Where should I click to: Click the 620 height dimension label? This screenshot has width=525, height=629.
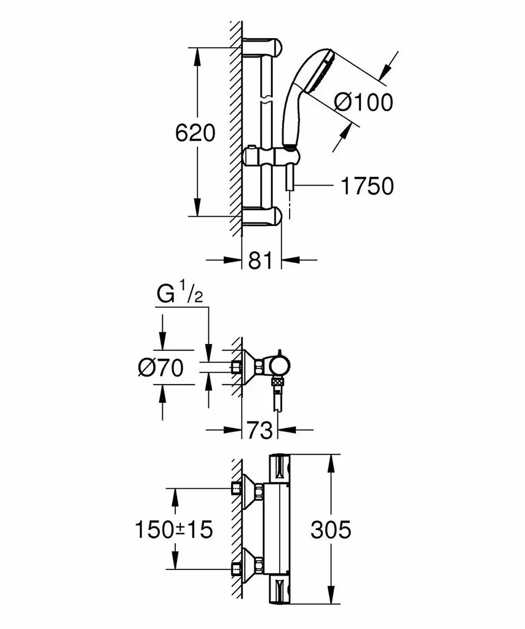(195, 133)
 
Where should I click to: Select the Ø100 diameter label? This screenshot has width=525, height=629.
(363, 102)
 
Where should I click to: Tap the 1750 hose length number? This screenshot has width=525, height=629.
(367, 186)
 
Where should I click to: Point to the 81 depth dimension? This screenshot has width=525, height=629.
(261, 260)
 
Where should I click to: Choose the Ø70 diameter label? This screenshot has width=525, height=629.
(161, 368)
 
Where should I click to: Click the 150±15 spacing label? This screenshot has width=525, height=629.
(174, 529)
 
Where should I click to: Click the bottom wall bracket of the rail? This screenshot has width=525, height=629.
(264, 216)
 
